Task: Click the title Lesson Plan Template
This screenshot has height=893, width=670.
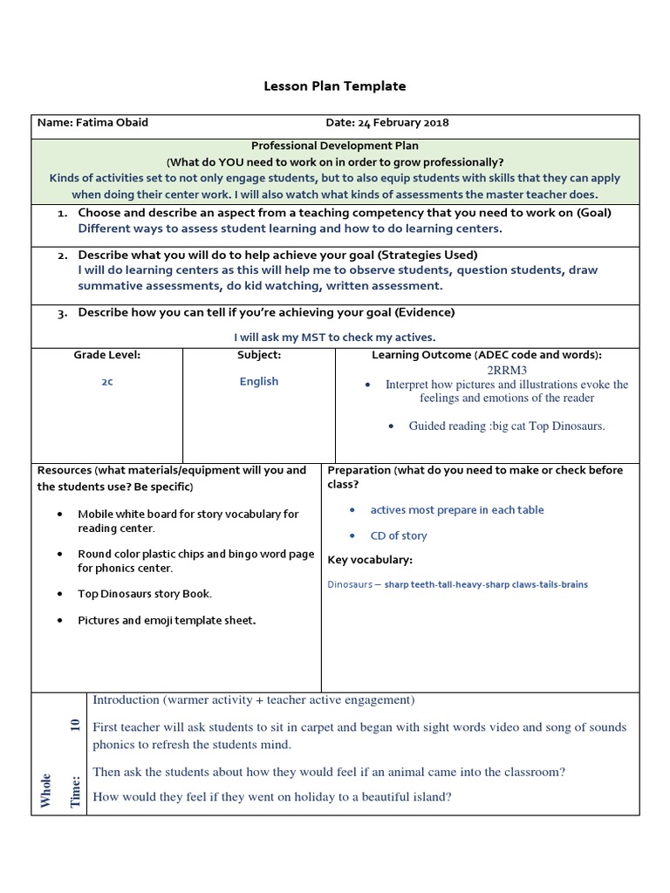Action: point(335,86)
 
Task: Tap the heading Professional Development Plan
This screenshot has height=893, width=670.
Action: point(335,147)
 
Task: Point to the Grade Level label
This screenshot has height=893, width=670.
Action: point(106,355)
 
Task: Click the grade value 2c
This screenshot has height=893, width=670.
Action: point(106,382)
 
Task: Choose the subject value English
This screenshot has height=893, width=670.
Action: point(259,381)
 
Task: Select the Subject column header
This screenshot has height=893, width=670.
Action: point(259,355)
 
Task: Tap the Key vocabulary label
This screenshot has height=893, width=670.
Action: point(370,560)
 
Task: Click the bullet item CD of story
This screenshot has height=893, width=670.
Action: point(399,535)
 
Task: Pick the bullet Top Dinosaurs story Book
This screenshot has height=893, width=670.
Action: point(145,594)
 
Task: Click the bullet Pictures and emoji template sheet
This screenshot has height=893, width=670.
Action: point(167,620)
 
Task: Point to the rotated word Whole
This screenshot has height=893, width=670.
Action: point(45,790)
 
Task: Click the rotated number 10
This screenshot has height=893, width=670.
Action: point(75,724)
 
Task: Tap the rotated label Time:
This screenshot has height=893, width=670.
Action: point(75,792)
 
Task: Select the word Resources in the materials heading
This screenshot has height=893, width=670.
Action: point(64,470)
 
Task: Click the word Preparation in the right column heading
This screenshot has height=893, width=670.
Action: point(359,470)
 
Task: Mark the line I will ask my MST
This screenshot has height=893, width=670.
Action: point(335,337)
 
